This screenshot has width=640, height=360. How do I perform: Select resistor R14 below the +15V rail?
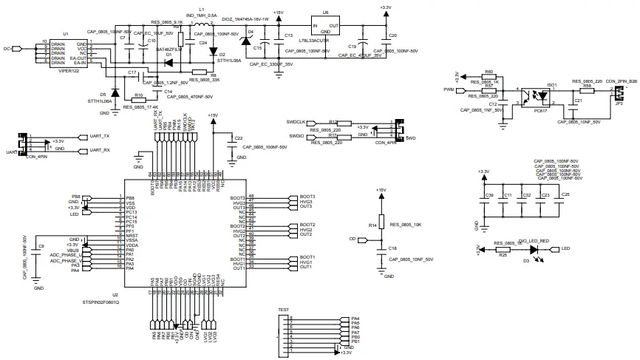click(381, 224)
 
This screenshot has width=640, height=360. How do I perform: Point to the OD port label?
click(353, 240)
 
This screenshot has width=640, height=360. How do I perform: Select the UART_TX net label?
click(99, 137)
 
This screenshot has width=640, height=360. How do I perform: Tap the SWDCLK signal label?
click(296, 121)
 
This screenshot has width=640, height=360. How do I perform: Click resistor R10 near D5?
click(137, 99)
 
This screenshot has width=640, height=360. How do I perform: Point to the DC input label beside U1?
click(7, 49)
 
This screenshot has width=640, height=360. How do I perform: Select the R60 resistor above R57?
click(488, 78)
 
